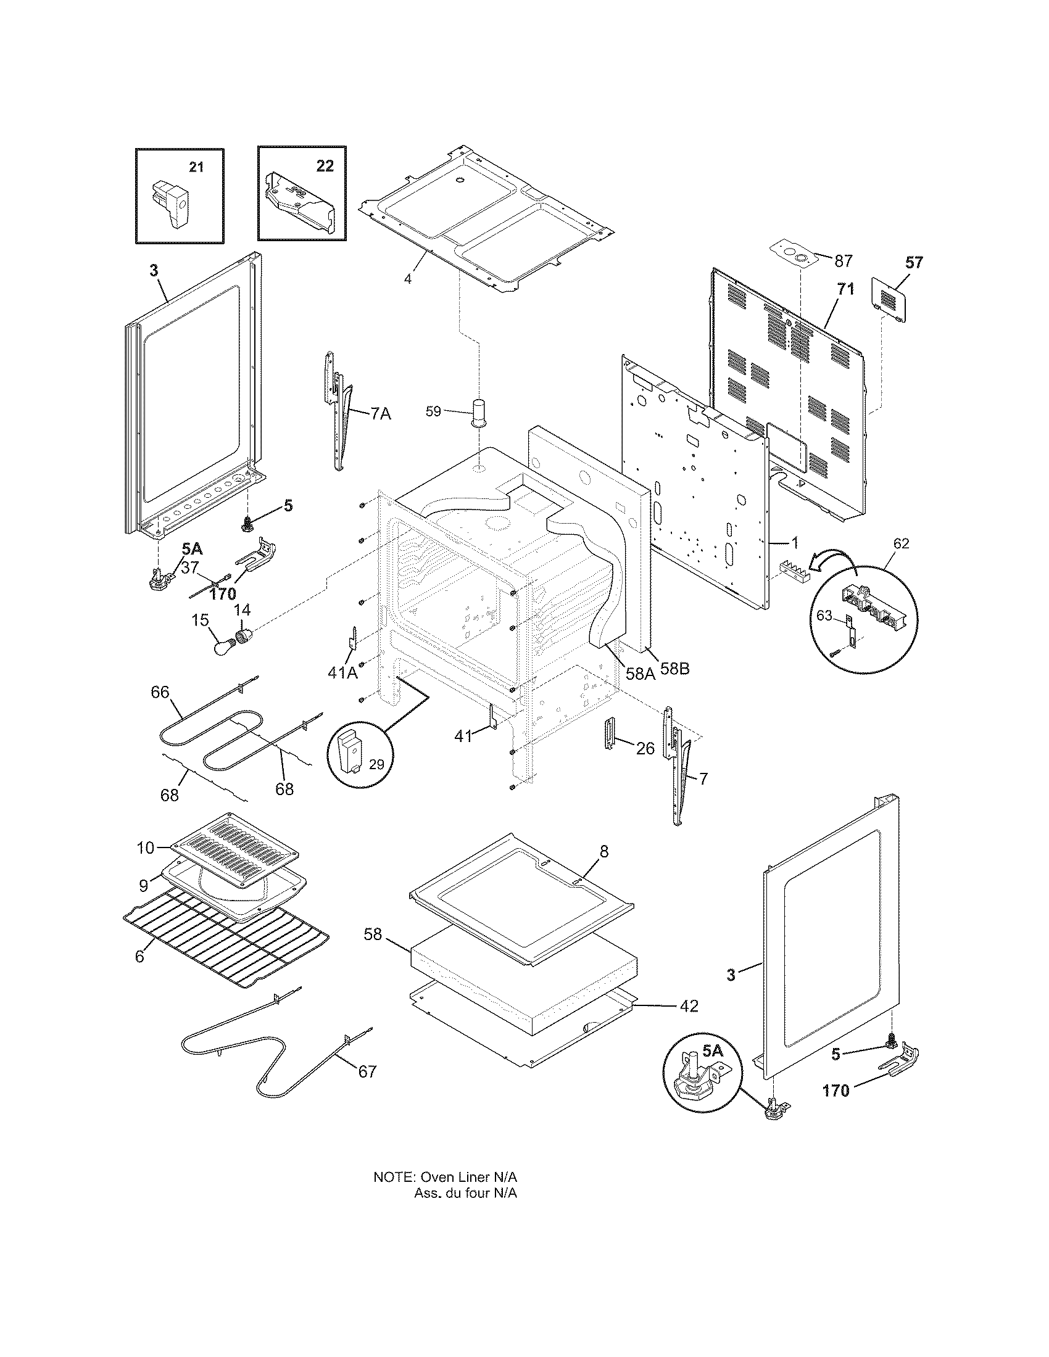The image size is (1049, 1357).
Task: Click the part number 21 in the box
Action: click(196, 167)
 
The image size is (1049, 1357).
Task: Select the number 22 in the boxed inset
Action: click(325, 166)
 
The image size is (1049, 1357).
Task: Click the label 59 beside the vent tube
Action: click(433, 411)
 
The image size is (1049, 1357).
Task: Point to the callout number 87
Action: click(843, 261)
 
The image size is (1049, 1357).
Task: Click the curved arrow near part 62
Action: click(836, 558)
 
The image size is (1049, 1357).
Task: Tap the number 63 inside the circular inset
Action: click(823, 615)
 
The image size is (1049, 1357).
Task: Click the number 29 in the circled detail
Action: click(376, 764)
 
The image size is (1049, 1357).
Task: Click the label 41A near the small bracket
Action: click(342, 672)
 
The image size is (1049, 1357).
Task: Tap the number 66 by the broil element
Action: click(160, 691)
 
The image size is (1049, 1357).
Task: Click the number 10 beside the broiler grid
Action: click(146, 848)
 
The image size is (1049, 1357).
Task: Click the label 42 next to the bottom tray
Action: click(689, 1005)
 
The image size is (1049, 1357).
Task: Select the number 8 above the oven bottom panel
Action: click(604, 851)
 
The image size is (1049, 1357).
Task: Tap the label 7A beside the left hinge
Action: click(381, 413)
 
